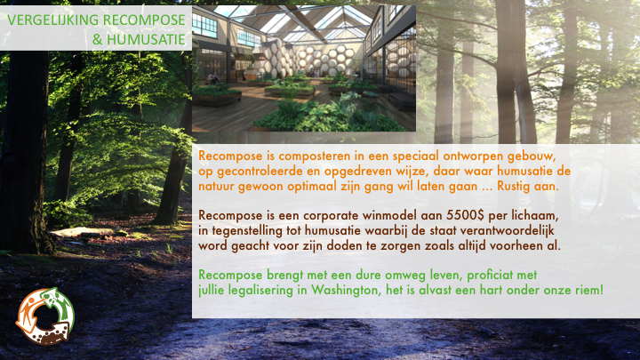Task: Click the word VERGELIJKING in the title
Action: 53,20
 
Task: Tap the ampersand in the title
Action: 97,40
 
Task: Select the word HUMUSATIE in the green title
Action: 146,40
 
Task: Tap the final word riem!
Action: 590,290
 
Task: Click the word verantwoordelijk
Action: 507,231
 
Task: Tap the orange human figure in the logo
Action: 27,310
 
